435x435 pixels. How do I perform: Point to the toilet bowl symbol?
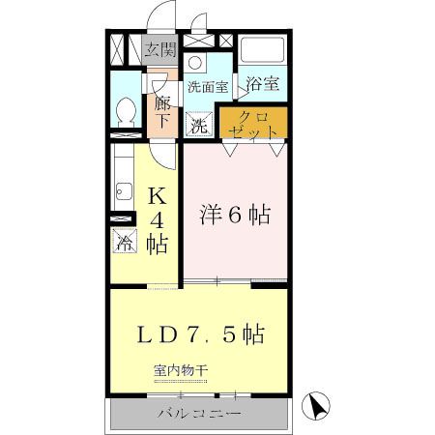tap(125, 112)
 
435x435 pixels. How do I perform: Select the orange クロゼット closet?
tap(253, 123)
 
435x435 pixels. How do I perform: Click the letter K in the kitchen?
tap(156, 197)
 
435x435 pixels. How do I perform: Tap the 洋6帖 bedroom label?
tap(234, 214)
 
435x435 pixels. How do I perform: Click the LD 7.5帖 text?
tap(200, 335)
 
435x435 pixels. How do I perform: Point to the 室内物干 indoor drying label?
tap(180, 370)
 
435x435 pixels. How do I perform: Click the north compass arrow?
tap(313, 407)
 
